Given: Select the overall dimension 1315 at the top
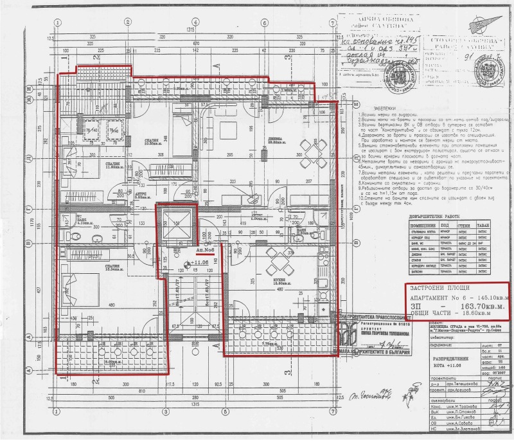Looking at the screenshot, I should [190, 31].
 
